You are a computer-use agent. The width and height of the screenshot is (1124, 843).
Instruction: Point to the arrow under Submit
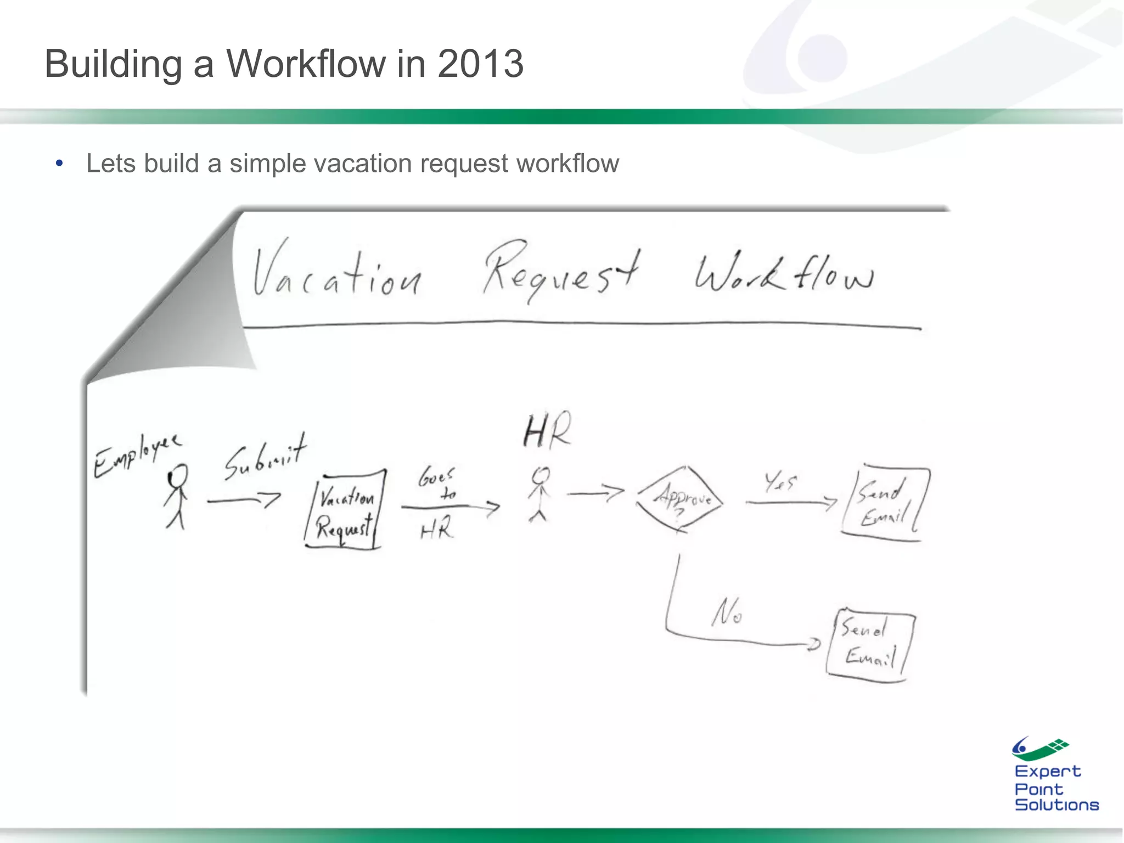[244, 500]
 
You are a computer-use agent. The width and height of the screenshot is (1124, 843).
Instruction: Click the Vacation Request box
[345, 509]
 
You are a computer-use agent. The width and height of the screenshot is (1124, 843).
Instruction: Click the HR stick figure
[540, 494]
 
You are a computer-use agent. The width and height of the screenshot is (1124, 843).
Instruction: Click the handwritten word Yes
[780, 482]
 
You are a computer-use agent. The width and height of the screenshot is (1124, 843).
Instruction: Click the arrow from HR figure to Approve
[595, 492]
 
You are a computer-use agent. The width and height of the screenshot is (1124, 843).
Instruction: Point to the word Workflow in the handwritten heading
[784, 273]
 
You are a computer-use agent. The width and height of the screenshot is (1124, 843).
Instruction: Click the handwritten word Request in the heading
[561, 270]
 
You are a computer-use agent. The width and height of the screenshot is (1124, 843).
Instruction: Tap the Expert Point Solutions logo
[1055, 774]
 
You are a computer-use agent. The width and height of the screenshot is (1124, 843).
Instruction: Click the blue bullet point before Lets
[59, 163]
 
